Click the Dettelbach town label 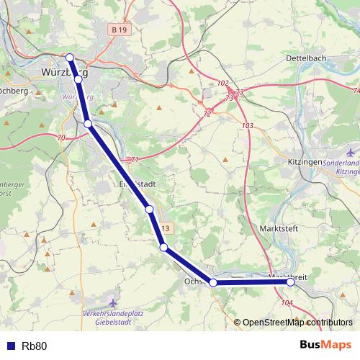(307, 57)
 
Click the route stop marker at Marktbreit (291, 283)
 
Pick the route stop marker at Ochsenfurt (213, 283)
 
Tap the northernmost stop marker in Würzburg (70, 58)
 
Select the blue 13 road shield (166, 228)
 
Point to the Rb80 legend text (35, 346)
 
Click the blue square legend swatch (10, 346)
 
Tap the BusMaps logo (325, 346)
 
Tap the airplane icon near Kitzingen (351, 153)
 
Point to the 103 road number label (248, 126)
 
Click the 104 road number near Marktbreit (287, 304)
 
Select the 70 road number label (60, 138)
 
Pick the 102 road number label (222, 84)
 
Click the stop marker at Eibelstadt (150, 210)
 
